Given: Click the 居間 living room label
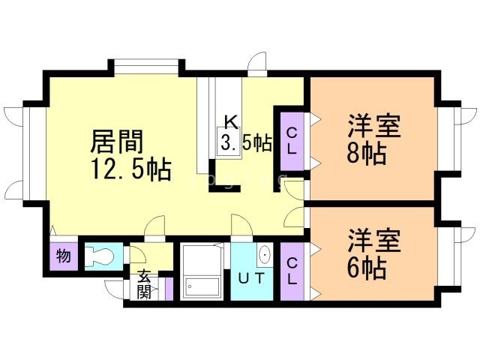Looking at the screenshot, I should pyautogui.click(x=116, y=141).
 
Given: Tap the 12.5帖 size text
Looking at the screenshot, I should pyautogui.click(x=132, y=168).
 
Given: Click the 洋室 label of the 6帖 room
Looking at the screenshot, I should pyautogui.click(x=373, y=241).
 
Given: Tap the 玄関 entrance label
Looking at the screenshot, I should pyautogui.click(x=144, y=283).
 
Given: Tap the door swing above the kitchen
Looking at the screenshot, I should pyautogui.click(x=257, y=63).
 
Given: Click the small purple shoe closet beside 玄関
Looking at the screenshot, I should pyautogui.click(x=169, y=287).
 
